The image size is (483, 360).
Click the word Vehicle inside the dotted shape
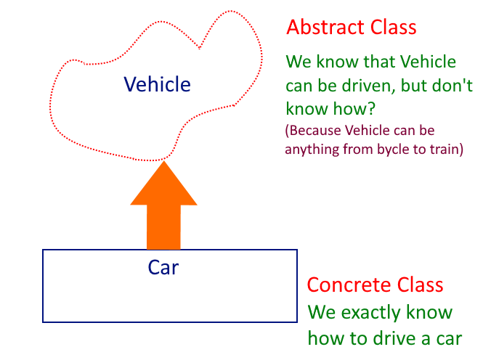pos(157,85)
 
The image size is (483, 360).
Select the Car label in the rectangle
pos(163,267)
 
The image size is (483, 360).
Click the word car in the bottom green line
pos(444,338)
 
